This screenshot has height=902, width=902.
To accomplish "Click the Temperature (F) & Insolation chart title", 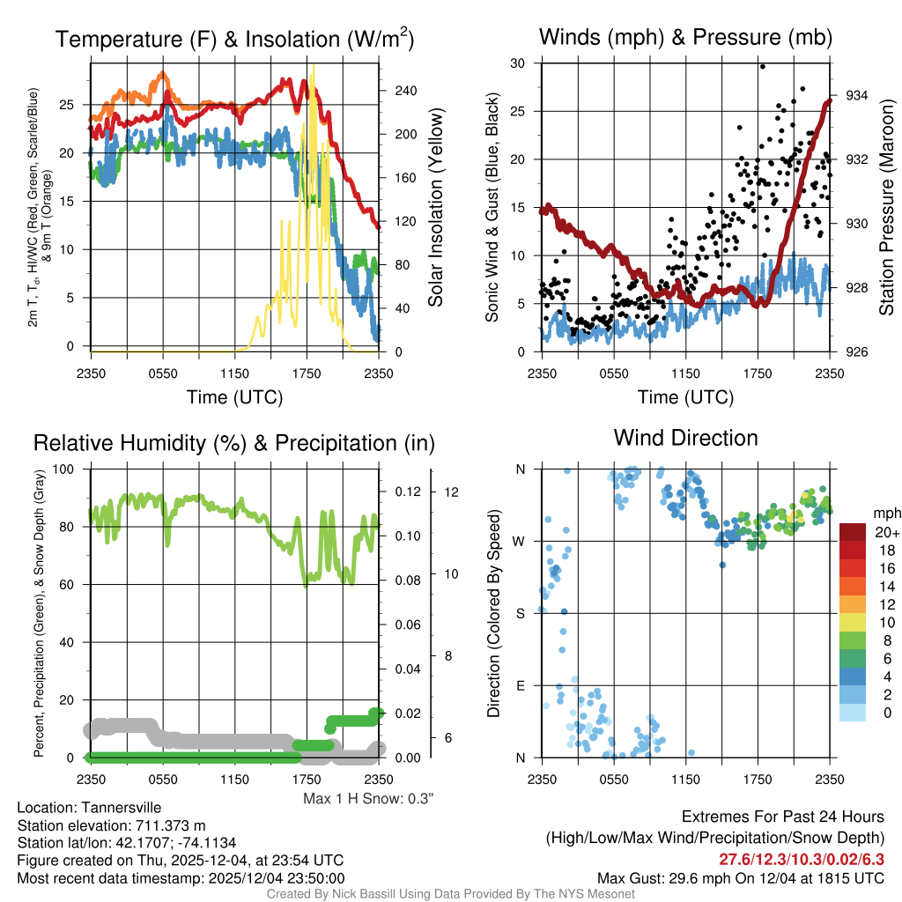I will pos(234,39).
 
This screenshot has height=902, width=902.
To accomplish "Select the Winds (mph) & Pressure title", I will pos(685,37).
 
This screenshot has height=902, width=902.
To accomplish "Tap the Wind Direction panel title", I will pos(685,438).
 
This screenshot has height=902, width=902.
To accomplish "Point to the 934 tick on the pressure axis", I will pos(857,95).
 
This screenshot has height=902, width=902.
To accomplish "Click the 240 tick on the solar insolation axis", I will pos(404,91).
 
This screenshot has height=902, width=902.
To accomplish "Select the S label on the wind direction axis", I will pos(520,613).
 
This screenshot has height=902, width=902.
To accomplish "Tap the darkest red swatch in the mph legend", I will pos(854,532).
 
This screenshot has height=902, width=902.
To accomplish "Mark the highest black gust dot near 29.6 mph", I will pos(762,66).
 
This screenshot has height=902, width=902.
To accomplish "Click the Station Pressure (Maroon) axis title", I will pos(886,207).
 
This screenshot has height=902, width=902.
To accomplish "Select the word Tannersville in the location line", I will pos(120,808).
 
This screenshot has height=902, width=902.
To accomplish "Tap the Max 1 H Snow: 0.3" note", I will pos(368,799).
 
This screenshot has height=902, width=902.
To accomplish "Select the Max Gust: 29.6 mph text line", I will pos(740,877).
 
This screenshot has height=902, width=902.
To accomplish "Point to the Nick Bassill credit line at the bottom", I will pos(451,894).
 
